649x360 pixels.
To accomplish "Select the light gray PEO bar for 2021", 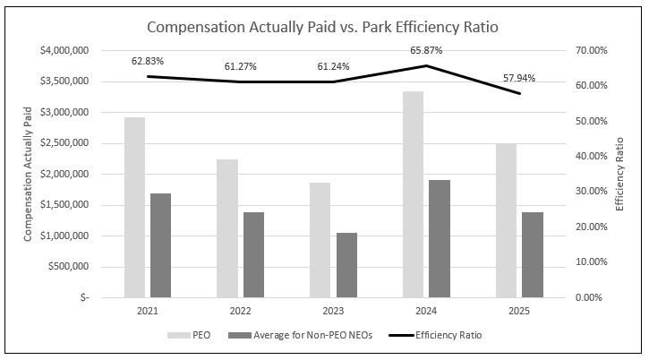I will [134, 207].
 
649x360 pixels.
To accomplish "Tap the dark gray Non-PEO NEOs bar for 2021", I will [160, 244].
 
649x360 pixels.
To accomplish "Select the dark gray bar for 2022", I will [253, 254].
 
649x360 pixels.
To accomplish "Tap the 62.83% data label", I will [147, 61].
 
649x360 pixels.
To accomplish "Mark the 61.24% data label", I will [333, 66].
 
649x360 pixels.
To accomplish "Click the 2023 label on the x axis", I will [333, 311].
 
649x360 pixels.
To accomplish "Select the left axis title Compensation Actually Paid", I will [28, 174].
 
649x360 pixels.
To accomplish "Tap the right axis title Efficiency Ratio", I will [619, 174].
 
